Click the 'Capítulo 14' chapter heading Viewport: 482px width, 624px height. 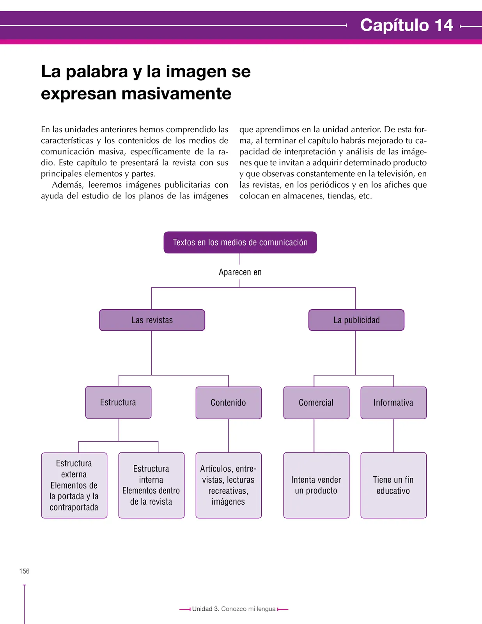point(406,25)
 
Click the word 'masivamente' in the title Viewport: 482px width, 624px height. point(176,94)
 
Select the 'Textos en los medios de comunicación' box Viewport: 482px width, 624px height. point(240,242)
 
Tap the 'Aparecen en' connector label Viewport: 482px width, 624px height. point(240,272)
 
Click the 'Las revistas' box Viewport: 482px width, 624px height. point(152,320)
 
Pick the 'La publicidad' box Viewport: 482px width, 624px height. point(356,320)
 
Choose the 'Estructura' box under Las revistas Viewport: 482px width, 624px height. point(118,402)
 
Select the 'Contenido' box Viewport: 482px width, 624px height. point(229,402)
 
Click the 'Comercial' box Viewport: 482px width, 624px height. point(316,402)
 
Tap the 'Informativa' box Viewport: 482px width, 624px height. point(393,402)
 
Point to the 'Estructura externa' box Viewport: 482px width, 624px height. point(74,485)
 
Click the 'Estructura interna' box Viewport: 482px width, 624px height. point(151,485)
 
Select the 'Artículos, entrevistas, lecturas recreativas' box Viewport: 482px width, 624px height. point(229,485)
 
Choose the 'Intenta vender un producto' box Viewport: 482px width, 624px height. point(316,485)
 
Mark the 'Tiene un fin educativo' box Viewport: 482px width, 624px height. point(393,485)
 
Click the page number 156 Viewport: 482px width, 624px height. point(25,571)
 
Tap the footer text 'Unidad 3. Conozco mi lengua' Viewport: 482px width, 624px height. point(234,609)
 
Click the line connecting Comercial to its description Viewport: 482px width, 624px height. point(314,436)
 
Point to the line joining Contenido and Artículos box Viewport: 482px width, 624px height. point(229,436)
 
